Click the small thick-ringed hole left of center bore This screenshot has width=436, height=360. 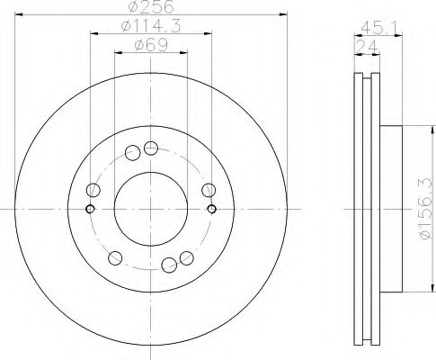point(89,209)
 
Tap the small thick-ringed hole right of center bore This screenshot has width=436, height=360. point(211,209)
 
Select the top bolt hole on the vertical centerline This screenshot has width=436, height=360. point(150,148)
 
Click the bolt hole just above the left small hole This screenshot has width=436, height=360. point(93,190)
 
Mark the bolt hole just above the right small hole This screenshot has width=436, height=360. point(208,189)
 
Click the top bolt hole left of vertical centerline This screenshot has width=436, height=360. point(133,152)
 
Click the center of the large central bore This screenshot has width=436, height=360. point(150,209)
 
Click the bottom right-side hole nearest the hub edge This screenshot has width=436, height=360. point(185,257)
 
